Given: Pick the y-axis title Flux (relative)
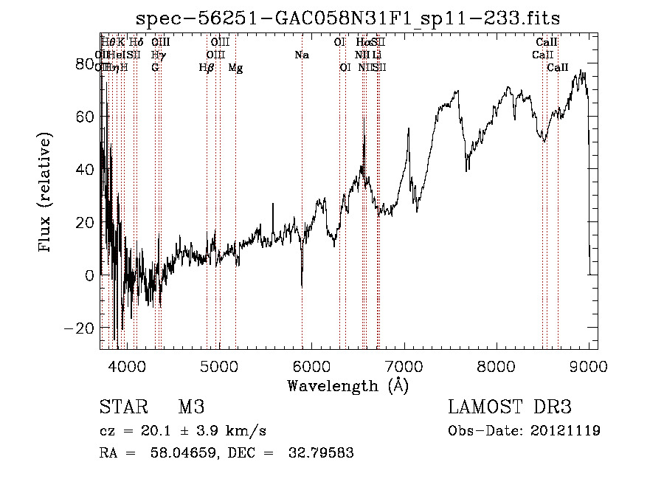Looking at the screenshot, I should click(x=46, y=193).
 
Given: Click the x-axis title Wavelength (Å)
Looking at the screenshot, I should click(x=347, y=385).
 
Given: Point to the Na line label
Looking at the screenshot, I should click(x=302, y=55).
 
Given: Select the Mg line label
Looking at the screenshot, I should click(x=235, y=68).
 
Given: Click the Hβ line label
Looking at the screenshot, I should click(x=207, y=68).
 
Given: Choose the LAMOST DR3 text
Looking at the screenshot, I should click(x=510, y=407).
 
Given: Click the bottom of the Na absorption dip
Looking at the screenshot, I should click(x=302, y=286).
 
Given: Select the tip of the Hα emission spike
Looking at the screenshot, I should click(x=364, y=135).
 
